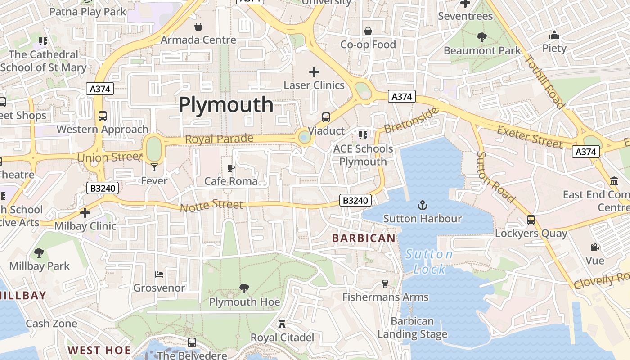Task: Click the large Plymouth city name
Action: pos(226,105)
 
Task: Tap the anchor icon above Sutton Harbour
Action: pos(422,206)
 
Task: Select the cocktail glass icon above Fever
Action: pos(154,167)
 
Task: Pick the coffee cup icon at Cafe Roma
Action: pos(231,168)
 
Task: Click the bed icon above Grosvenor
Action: pos(159,274)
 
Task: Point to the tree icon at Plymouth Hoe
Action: pos(244,288)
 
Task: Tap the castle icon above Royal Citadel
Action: pos(282,324)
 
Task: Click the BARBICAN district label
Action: pos(364,238)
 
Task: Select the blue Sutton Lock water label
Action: pos(429,261)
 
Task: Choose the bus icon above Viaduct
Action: pos(326,117)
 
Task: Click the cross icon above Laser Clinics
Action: pos(314,72)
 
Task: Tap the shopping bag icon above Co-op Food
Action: pos(368,31)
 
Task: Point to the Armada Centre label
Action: pos(198,40)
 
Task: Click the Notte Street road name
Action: pos(211,206)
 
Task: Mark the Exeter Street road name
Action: pos(530,137)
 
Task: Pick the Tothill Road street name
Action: pos(545,82)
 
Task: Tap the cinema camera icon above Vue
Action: pos(595,247)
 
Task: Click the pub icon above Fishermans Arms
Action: pos(385,283)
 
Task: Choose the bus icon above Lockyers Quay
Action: pos(531,220)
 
